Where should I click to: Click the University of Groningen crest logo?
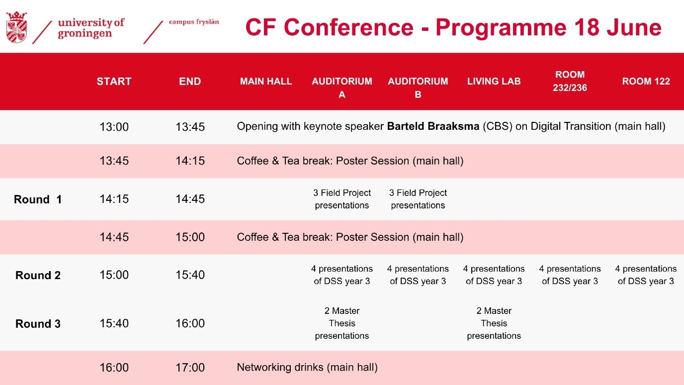[x=17, y=27]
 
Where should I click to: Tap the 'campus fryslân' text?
[x=194, y=22]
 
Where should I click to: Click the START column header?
[x=114, y=81]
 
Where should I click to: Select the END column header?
[x=190, y=81]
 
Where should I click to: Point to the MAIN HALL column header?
[x=266, y=81]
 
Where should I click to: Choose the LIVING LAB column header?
[x=494, y=81]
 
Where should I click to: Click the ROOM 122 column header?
[x=646, y=81]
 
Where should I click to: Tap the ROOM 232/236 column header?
[x=570, y=81]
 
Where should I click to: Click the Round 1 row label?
[x=38, y=199]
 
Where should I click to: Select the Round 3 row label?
[x=38, y=324]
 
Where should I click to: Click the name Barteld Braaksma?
[x=433, y=126]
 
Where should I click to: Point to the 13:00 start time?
[x=114, y=127]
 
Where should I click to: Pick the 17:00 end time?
[x=190, y=368]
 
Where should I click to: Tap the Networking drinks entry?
[x=307, y=367]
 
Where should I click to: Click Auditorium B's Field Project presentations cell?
[x=418, y=199]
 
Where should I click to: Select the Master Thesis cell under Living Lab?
[x=494, y=323]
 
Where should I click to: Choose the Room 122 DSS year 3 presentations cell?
[x=646, y=275]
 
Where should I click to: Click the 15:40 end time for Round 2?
[x=190, y=275]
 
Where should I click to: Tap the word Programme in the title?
[x=501, y=28]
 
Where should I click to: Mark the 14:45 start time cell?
[x=114, y=237]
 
